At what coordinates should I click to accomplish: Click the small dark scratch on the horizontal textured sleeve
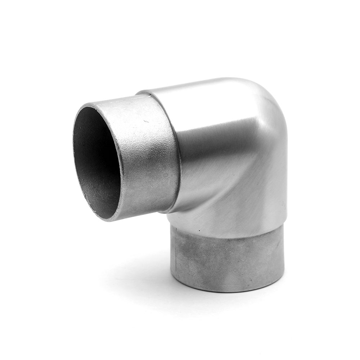[x=146, y=121]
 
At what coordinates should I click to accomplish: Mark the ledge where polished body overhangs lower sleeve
[x=230, y=236]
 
